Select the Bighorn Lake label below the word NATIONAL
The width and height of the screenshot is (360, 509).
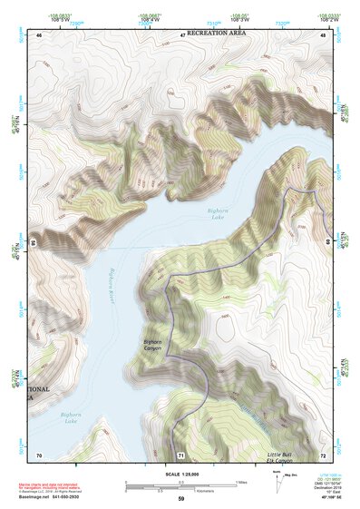72,418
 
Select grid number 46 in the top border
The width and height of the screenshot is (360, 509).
39,34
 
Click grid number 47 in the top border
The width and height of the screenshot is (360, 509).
182,34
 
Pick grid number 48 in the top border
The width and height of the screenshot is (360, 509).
324,34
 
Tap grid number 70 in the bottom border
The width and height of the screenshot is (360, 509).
38,454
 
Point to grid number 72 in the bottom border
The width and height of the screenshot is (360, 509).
323,454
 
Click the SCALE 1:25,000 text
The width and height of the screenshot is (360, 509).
180,474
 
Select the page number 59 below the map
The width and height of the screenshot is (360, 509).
180,499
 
